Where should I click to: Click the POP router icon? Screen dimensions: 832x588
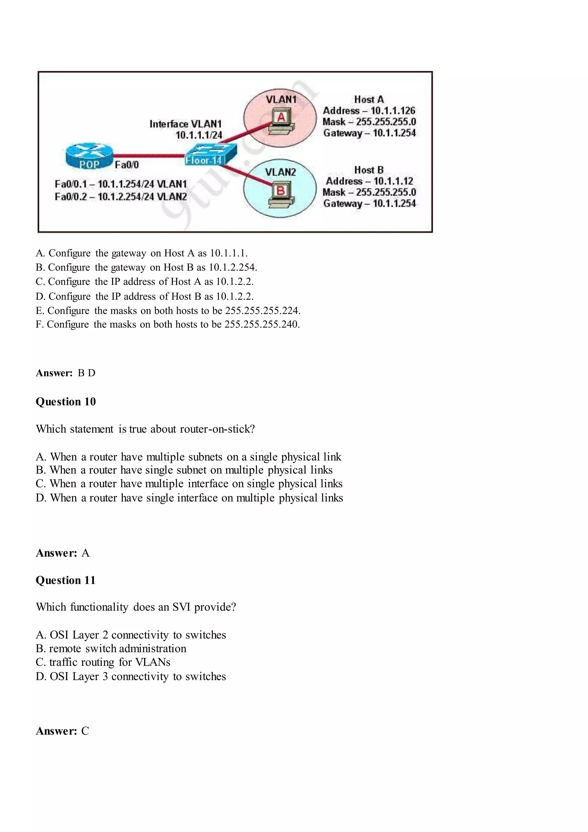89,156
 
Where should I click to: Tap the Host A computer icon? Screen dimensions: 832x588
281,122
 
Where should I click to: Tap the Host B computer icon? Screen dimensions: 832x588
281,196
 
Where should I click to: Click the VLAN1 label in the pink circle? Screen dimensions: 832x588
281,99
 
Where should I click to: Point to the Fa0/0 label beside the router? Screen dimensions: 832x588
127,165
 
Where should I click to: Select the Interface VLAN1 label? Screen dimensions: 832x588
185,124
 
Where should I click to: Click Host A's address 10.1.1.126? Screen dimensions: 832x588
393,111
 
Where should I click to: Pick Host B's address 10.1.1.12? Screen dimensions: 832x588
393,181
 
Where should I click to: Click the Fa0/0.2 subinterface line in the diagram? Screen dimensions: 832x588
121,197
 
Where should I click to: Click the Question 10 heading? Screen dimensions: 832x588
65,401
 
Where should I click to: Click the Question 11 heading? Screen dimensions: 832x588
65,580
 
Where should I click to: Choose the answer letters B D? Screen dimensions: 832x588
87,373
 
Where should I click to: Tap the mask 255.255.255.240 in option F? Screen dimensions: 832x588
262,324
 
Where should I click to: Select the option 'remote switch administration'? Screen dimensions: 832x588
117,648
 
